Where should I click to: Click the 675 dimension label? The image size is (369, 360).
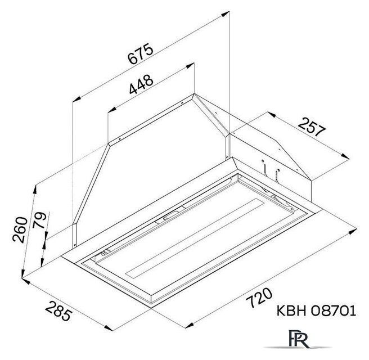click(x=140, y=53)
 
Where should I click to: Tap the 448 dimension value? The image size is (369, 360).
click(x=141, y=84)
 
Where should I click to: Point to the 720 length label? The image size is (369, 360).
click(x=259, y=298)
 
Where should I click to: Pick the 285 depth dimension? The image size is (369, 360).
click(x=58, y=311)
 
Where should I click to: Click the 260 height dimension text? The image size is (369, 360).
click(x=20, y=229)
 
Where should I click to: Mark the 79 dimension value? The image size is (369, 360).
click(x=39, y=220)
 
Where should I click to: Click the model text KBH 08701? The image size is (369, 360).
click(x=316, y=310)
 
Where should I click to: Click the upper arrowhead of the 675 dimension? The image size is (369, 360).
click(x=225, y=14)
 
